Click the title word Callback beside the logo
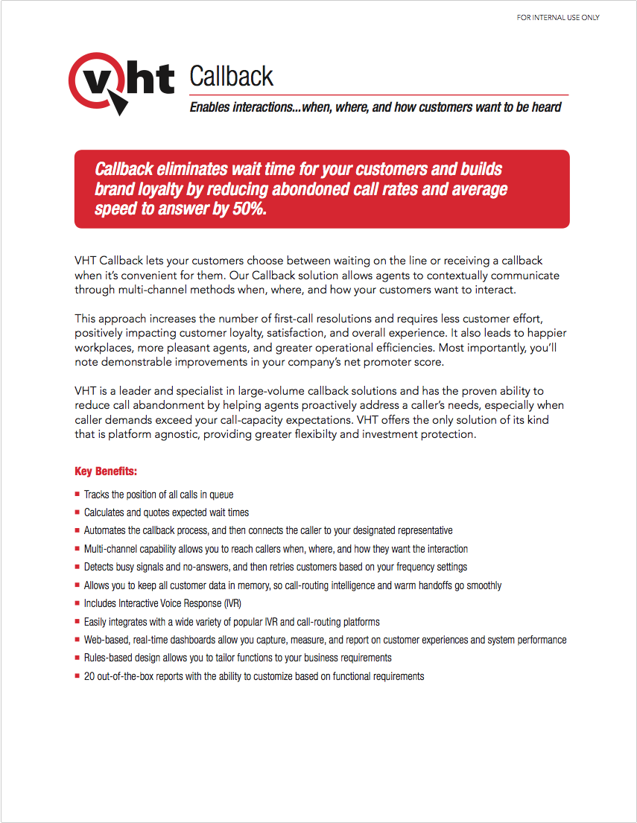pyautogui.click(x=231, y=76)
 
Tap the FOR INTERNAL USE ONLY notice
pyautogui.click(x=558, y=18)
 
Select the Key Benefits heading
pyautogui.click(x=106, y=471)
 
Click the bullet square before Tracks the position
pyautogui.click(x=77, y=494)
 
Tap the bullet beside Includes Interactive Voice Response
pyautogui.click(x=77, y=603)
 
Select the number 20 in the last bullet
pyautogui.click(x=89, y=676)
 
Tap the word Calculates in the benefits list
pyautogui.click(x=105, y=512)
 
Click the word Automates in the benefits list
pyautogui.click(x=106, y=530)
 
